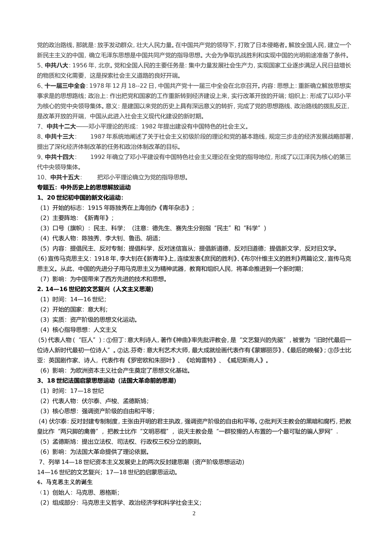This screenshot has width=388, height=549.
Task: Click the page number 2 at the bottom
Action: (194, 513)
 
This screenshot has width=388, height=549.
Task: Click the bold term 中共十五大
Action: (65, 177)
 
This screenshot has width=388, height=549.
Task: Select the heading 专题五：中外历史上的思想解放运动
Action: (84, 187)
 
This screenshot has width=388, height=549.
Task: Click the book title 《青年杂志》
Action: (173, 208)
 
